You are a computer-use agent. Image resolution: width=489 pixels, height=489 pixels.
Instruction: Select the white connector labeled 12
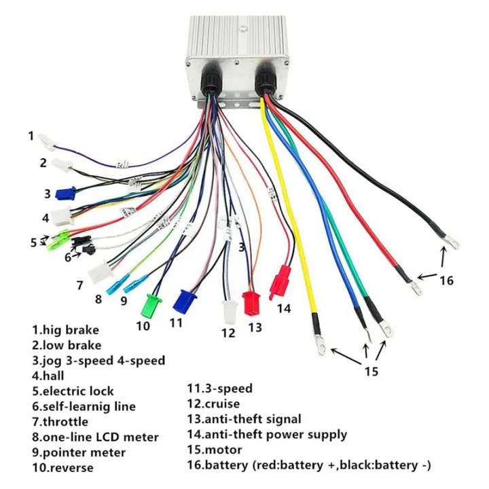[x=229, y=312]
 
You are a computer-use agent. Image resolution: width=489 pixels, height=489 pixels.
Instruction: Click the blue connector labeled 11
[x=183, y=300]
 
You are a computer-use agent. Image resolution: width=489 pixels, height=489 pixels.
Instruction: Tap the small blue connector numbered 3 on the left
[x=65, y=194]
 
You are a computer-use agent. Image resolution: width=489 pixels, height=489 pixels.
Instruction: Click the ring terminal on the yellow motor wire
[x=319, y=348]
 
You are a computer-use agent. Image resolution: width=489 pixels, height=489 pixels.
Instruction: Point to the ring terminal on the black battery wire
[x=449, y=241]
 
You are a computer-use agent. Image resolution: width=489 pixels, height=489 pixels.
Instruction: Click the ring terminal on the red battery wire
[x=414, y=289]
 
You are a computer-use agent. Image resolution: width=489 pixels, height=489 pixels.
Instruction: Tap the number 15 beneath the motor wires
[x=370, y=372]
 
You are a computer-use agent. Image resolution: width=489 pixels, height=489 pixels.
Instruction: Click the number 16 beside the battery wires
[x=445, y=279]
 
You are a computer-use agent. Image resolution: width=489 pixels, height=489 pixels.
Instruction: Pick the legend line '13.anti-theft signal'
[x=244, y=419]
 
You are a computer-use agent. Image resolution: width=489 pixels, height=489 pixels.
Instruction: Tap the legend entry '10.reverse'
[x=62, y=467]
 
